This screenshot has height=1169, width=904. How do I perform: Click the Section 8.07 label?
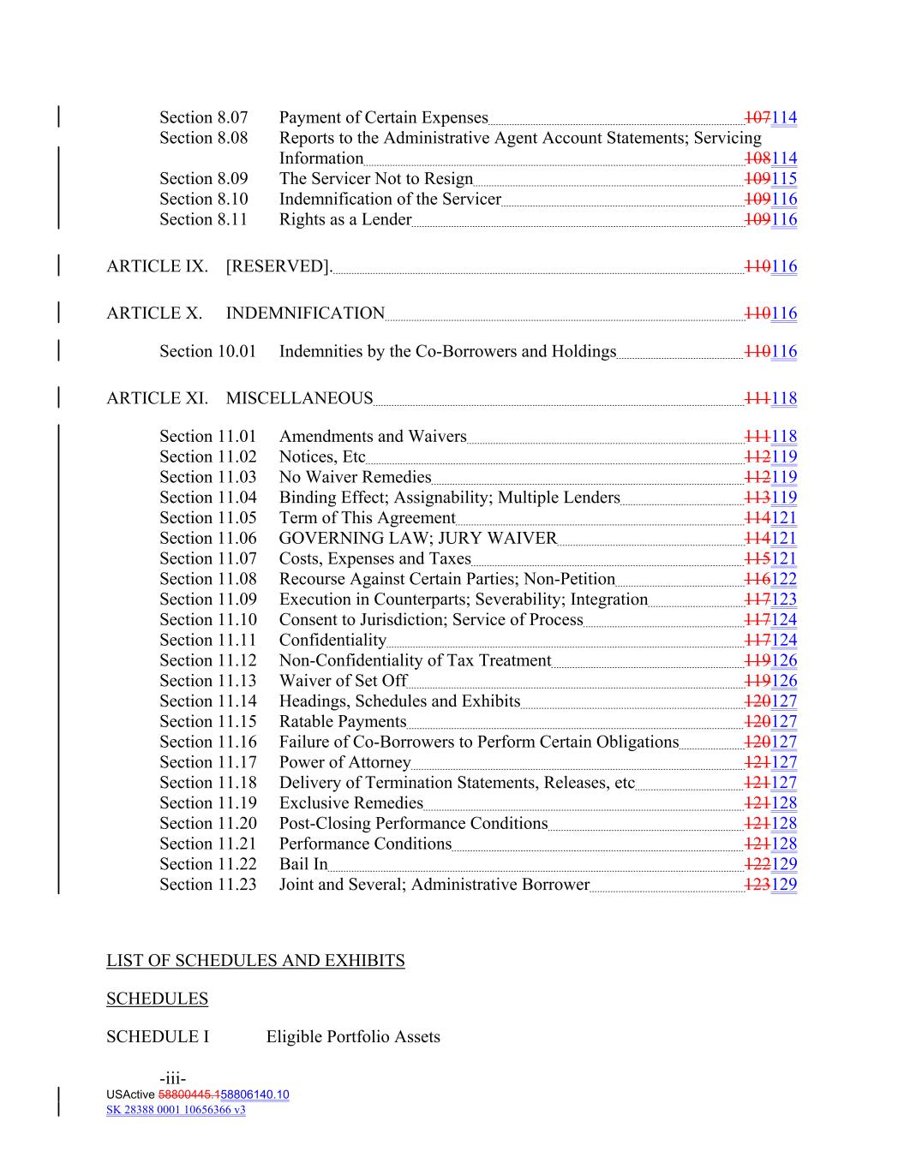(x=203, y=117)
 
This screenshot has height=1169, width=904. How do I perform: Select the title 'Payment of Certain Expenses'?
(x=383, y=117)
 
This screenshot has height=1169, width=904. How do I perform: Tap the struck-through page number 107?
(x=757, y=117)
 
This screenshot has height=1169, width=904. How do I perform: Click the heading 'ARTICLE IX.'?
(x=157, y=266)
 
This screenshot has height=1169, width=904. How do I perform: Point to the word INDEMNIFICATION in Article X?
(x=305, y=313)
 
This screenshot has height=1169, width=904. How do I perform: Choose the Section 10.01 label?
(x=207, y=351)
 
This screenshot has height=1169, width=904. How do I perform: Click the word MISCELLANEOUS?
(x=299, y=398)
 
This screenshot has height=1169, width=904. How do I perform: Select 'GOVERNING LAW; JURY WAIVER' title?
(x=417, y=538)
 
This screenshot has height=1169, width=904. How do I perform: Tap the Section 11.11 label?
(x=207, y=640)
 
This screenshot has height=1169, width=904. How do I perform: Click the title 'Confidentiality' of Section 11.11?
(x=332, y=640)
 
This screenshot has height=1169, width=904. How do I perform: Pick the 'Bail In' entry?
(x=303, y=864)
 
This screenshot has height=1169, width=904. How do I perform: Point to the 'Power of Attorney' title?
(x=344, y=762)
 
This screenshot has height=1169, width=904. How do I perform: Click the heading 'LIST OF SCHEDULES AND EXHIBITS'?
(x=255, y=961)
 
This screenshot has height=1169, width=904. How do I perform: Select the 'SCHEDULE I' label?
(x=158, y=1037)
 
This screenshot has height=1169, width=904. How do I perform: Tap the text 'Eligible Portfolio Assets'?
(x=353, y=1037)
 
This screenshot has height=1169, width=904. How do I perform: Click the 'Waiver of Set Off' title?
(x=343, y=681)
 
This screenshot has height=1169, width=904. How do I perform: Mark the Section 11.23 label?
(x=207, y=885)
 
